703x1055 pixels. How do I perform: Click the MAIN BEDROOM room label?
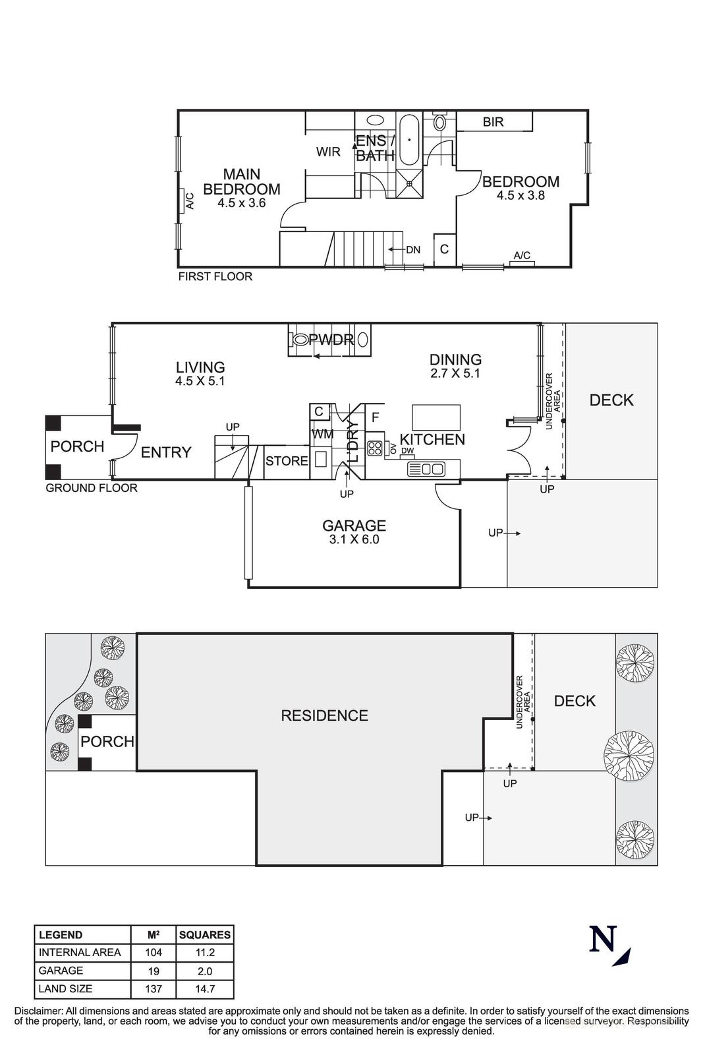click(x=241, y=181)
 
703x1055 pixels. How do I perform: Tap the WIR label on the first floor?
click(x=328, y=152)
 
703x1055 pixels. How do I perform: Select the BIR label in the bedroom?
click(x=493, y=122)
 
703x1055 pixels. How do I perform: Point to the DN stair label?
click(x=413, y=250)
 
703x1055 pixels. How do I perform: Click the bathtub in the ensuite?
click(x=409, y=140)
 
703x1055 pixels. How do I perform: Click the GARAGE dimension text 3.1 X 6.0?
click(x=354, y=539)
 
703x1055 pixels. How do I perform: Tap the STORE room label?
click(x=287, y=461)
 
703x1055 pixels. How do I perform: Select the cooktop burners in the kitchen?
click(x=375, y=448)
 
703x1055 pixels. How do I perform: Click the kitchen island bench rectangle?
click(x=436, y=418)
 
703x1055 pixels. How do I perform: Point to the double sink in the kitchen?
click(x=426, y=469)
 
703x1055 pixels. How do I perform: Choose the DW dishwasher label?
click(x=407, y=451)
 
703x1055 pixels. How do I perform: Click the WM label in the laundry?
click(x=322, y=435)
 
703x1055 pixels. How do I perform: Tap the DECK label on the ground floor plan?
click(x=611, y=400)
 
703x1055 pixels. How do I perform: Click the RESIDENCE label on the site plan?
click(x=324, y=715)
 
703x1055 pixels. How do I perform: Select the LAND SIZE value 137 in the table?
click(x=154, y=988)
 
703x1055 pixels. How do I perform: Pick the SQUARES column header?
click(x=205, y=934)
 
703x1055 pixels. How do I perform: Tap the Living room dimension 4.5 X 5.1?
click(x=200, y=381)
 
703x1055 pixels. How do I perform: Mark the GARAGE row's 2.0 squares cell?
click(x=205, y=971)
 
